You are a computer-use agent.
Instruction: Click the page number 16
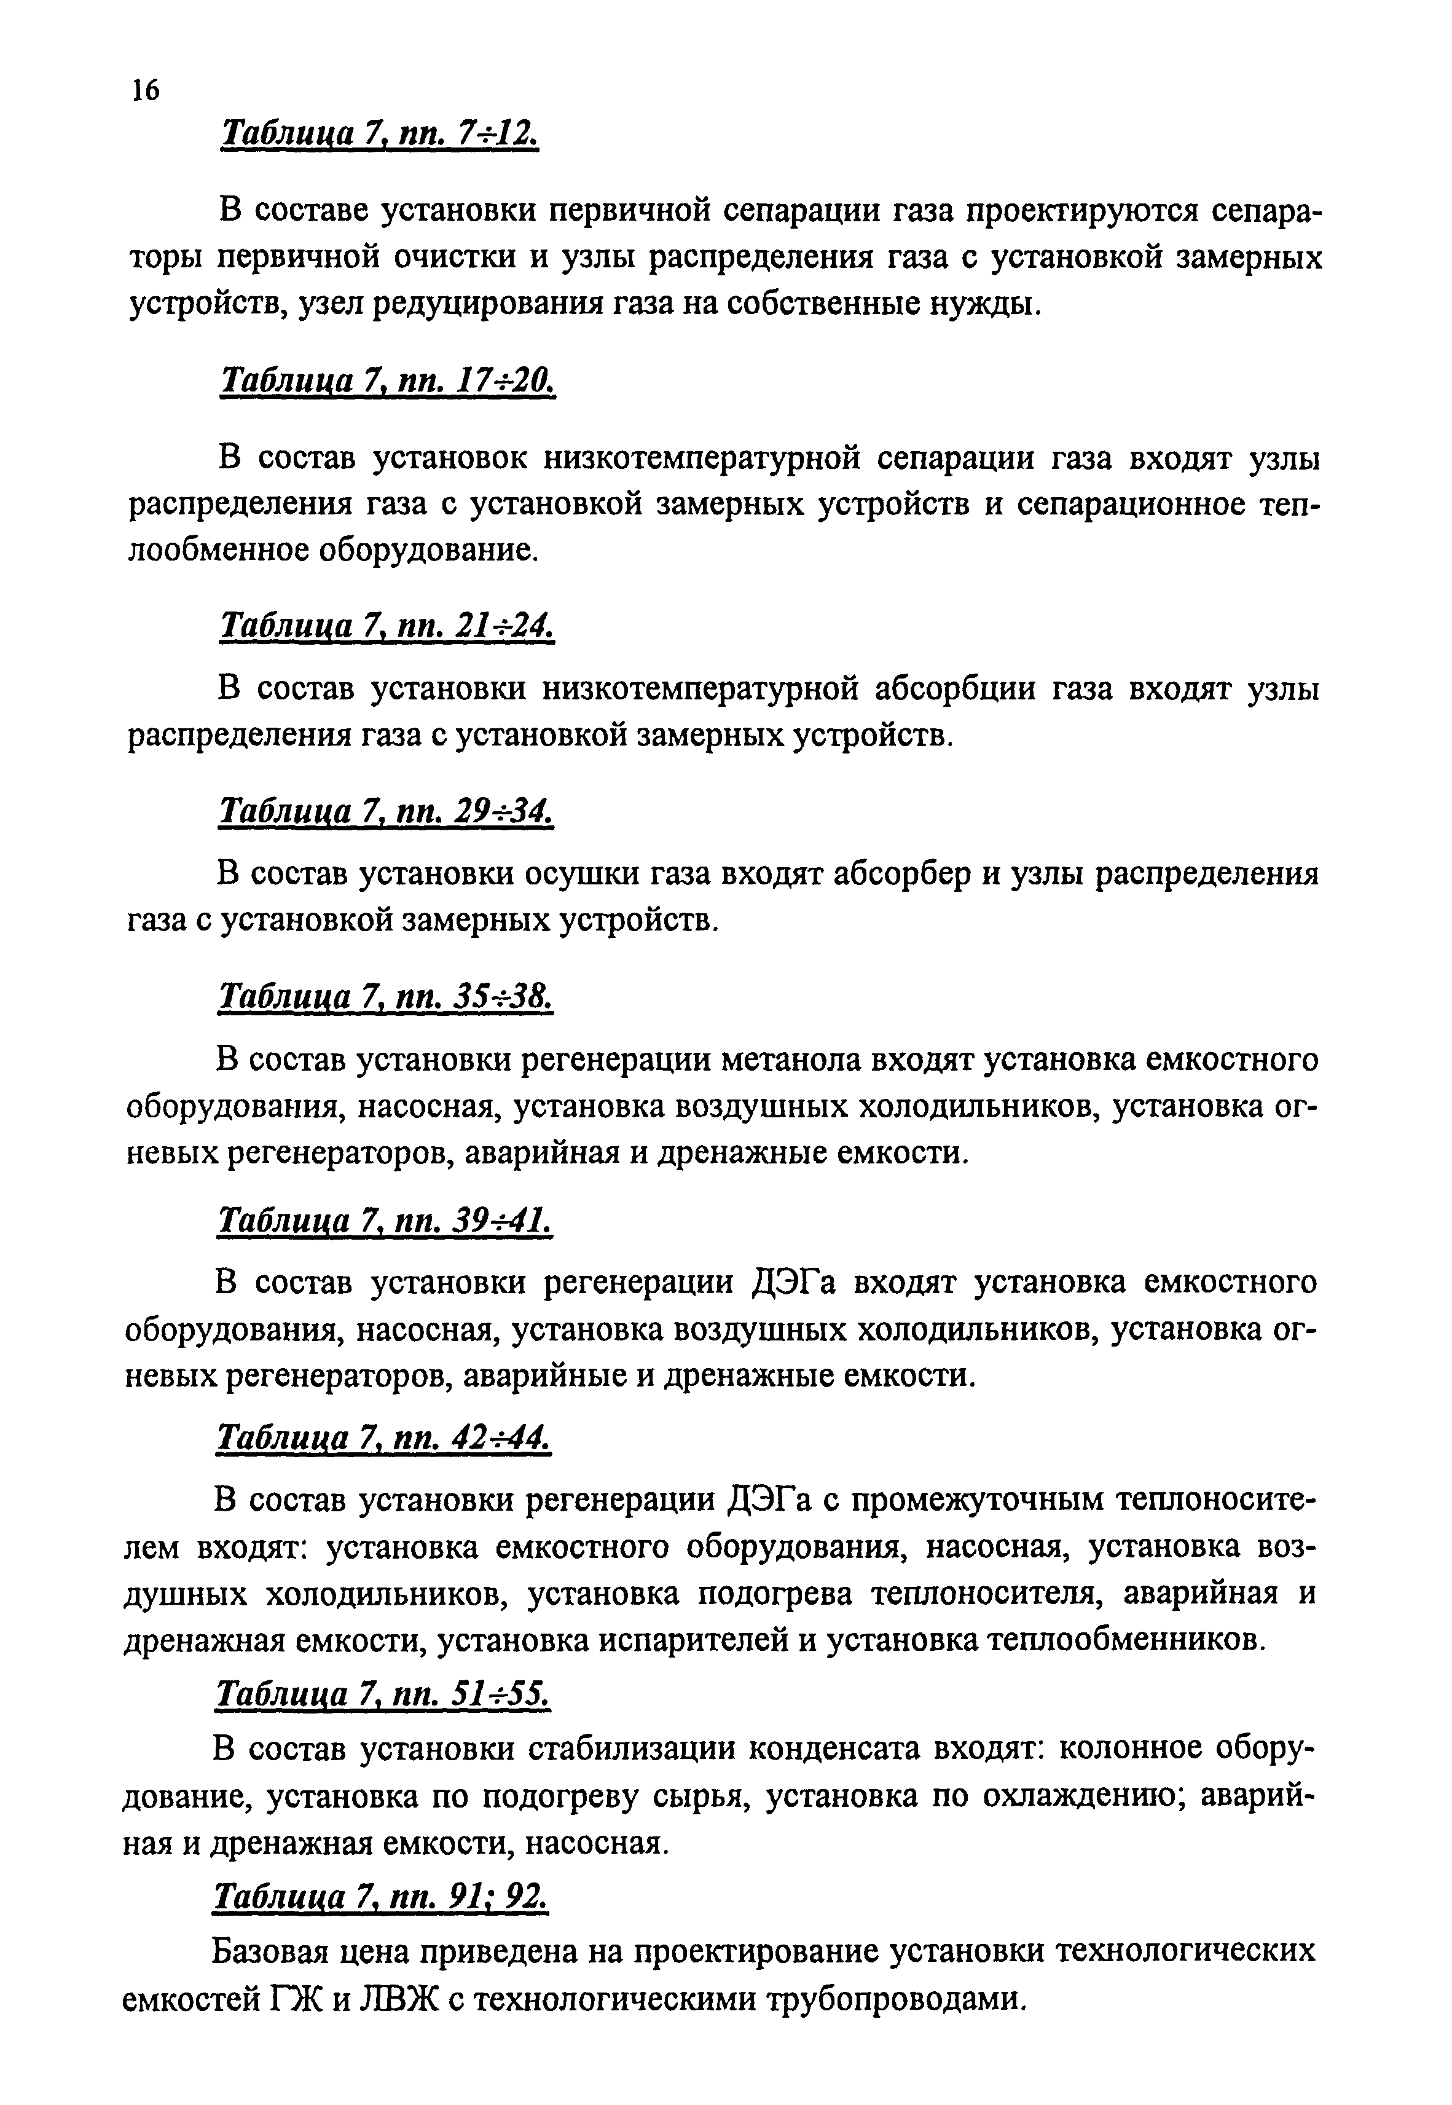146,90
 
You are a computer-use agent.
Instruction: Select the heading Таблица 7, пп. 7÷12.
380,134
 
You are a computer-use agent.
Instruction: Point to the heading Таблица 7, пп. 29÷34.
386,811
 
